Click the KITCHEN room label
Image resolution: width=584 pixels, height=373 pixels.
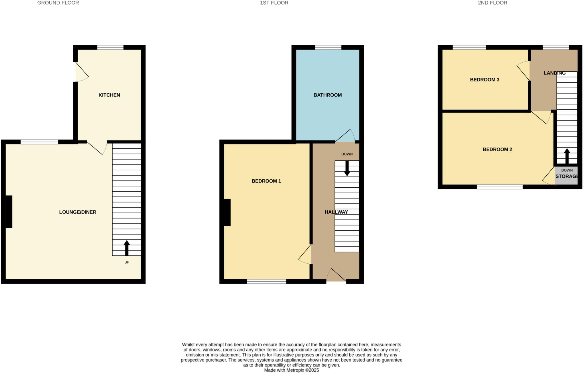pos(109,95)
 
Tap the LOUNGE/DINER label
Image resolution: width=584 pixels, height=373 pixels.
pos(78,212)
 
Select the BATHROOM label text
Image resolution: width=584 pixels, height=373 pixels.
pos(327,95)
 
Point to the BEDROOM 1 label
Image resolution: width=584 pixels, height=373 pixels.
pos(266,181)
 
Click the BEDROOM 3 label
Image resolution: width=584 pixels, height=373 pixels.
pos(484,80)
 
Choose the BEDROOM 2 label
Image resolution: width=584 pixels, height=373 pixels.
pos(497,149)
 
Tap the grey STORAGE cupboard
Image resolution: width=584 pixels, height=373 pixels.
pos(566,177)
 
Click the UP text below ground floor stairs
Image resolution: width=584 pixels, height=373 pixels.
pos(127,262)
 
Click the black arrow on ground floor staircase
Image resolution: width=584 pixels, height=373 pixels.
pos(127,247)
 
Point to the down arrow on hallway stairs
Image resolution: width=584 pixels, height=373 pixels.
pos(347,168)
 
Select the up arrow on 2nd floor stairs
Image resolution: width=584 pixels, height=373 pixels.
pos(567,156)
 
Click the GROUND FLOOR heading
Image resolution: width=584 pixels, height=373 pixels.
pos(58,3)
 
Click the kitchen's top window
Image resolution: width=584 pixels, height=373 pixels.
pos(110,47)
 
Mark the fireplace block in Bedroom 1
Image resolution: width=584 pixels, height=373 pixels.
pos(227,212)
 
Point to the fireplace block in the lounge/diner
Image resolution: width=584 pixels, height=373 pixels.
pos(9,212)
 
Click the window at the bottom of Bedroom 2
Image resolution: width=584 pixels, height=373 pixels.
pos(500,187)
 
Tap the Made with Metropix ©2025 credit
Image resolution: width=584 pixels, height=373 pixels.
pos(291,370)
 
